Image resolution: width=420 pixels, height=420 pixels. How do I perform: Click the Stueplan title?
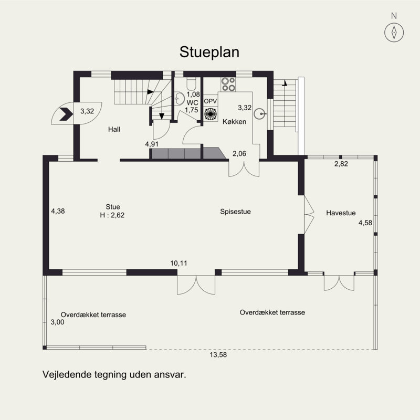(209, 52)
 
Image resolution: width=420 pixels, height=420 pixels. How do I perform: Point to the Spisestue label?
(235, 212)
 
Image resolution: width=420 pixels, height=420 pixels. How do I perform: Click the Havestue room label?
(341, 213)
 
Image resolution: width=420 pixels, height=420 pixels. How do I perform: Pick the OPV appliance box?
(211, 101)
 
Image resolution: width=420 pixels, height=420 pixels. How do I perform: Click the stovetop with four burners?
(228, 85)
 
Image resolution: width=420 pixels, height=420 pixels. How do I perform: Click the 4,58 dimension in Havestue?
(365, 223)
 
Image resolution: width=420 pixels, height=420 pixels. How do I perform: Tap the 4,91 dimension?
(152, 143)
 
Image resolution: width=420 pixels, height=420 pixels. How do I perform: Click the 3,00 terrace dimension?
(57, 322)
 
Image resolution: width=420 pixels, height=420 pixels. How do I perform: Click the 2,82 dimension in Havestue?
(341, 164)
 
